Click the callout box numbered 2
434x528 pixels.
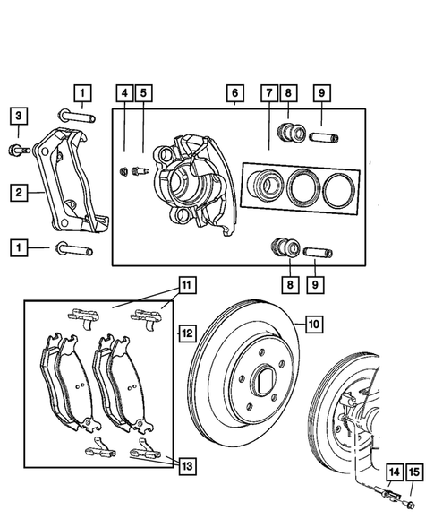pyautogui.click(x=17, y=191)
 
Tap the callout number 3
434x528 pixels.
pyautogui.click(x=17, y=115)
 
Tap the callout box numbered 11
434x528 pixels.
pyautogui.click(x=186, y=286)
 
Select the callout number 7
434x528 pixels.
pyautogui.click(x=268, y=92)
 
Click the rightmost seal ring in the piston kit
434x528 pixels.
pyautogui.click(x=339, y=188)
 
